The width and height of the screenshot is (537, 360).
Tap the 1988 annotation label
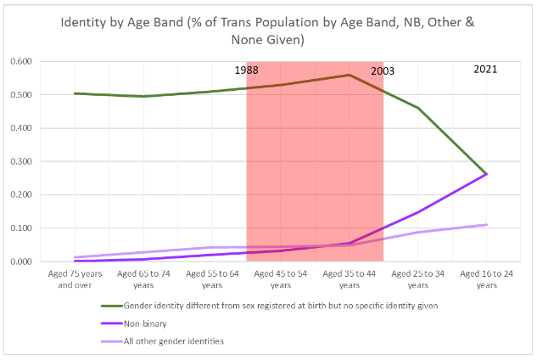[x=248, y=70]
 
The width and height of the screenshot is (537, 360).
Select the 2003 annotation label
[x=383, y=72]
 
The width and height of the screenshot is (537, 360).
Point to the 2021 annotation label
[x=486, y=70]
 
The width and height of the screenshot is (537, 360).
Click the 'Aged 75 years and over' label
[x=75, y=279]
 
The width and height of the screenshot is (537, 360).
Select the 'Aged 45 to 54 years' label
[x=281, y=279]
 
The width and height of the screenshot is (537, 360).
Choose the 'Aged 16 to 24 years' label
[x=486, y=279]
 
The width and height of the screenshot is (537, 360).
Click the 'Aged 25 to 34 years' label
[x=417, y=279]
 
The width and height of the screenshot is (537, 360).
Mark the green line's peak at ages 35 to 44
[x=350, y=75]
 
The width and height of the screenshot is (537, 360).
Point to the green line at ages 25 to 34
[x=417, y=108]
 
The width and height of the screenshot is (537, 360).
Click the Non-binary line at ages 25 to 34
[x=417, y=212]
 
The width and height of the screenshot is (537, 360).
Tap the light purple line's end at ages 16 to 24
[x=486, y=225]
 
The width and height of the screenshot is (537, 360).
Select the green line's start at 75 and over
[x=76, y=93]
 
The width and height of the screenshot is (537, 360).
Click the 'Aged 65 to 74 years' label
[x=143, y=279]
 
